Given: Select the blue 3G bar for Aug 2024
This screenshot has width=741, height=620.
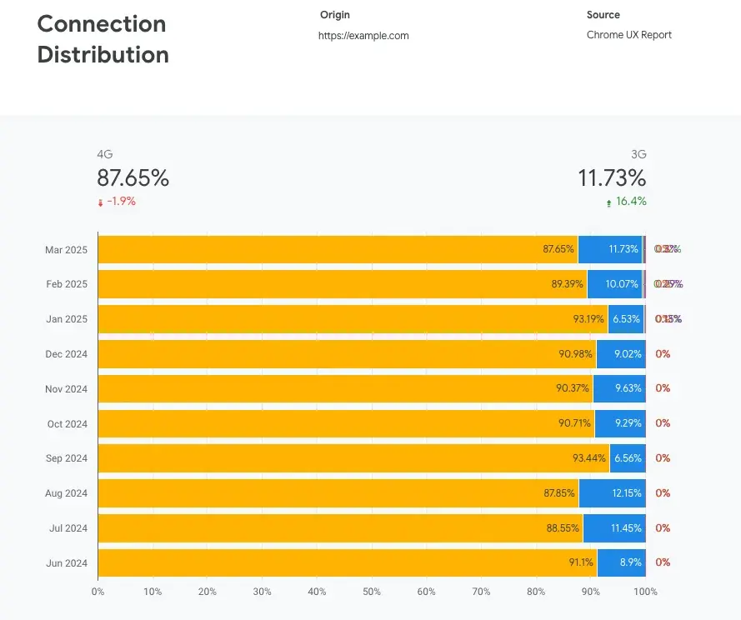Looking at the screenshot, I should (x=611, y=492).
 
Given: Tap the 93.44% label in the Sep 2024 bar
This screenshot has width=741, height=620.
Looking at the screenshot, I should (x=589, y=458).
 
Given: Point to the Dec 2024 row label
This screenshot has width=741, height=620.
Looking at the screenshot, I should (x=67, y=354).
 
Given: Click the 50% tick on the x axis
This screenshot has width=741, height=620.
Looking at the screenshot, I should (x=372, y=592).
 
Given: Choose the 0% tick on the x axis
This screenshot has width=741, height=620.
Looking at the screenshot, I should (x=98, y=592).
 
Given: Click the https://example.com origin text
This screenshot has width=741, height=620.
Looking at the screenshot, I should (x=363, y=36).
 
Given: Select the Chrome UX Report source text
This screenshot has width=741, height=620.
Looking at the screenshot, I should (x=628, y=35).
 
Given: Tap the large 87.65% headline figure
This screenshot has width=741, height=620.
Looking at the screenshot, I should (x=133, y=177).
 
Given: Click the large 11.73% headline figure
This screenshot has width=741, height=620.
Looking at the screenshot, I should (x=613, y=177).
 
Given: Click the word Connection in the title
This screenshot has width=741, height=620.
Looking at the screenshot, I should (x=102, y=23).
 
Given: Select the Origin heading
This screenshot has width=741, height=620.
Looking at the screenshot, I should (x=335, y=15).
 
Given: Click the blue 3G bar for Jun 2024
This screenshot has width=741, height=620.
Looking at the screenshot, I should (x=621, y=562).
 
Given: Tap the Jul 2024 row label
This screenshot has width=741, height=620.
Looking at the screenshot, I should (x=67, y=528).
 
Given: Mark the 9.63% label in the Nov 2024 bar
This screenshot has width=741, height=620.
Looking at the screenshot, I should (x=628, y=388).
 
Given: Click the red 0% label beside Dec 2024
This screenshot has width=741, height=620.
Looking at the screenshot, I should (x=663, y=354).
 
